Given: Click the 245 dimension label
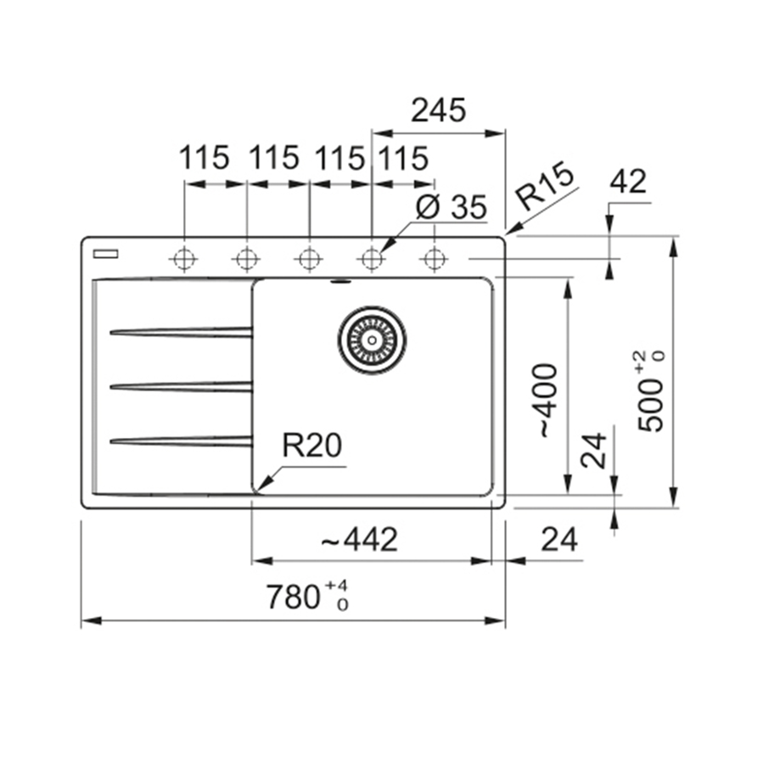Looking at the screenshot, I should click(439, 110).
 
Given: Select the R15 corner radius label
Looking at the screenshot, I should click(546, 186).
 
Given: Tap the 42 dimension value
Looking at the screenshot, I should click(628, 182).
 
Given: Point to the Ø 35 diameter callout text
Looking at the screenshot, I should click(452, 206).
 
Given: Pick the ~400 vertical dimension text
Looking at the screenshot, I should click(545, 401).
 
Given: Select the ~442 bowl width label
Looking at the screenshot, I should click(360, 540).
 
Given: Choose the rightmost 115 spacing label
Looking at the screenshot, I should click(402, 158).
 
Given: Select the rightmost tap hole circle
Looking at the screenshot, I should click(434, 258).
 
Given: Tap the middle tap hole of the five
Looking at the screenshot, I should click(309, 258).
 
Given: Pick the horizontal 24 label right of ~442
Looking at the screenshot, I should click(558, 539).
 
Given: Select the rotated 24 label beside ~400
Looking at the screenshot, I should click(595, 451).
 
